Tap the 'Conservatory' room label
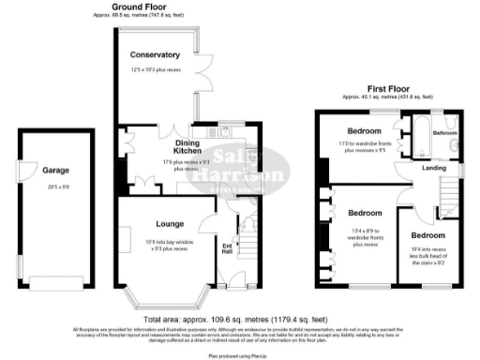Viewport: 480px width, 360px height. coord(156,54)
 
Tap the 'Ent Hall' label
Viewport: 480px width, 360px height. coord(226,248)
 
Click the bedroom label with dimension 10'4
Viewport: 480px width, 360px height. coord(427,234)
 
